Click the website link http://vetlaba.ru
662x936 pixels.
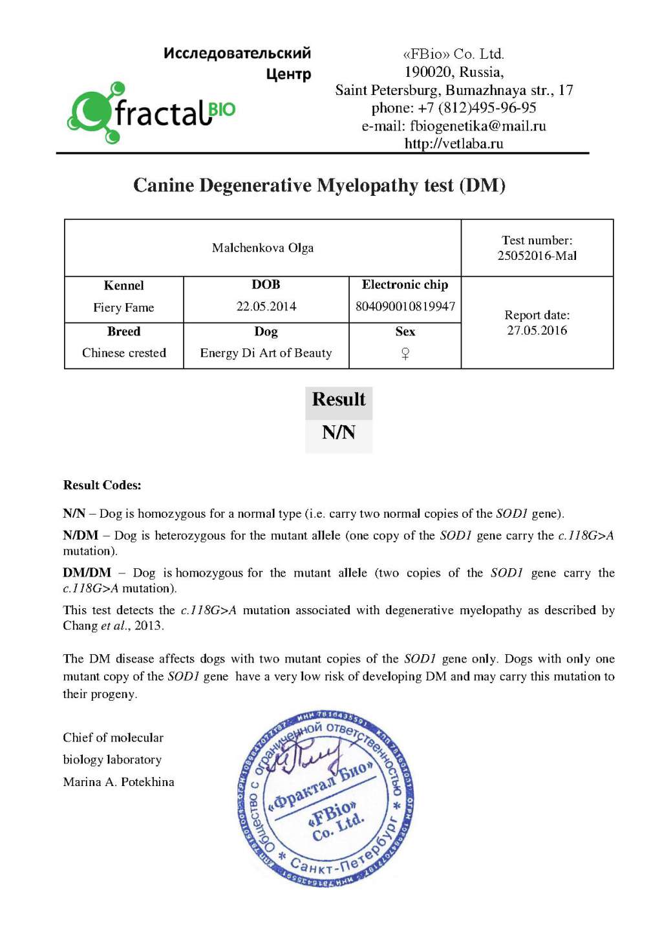(454, 144)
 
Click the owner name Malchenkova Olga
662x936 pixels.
(262, 248)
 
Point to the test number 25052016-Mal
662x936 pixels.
(537, 256)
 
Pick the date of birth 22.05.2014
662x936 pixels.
(266, 306)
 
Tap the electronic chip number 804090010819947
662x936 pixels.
(405, 306)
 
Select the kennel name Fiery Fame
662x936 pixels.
(123, 308)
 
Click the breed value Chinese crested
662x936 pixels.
(124, 353)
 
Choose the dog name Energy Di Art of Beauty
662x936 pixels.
(266, 353)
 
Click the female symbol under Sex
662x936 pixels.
(405, 354)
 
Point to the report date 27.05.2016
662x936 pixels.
(537, 330)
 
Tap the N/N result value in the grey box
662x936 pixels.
(339, 432)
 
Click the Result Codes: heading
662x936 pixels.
(102, 485)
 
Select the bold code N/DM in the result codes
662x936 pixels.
(81, 535)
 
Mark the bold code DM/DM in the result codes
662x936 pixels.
(87, 573)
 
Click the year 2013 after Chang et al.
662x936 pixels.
(149, 626)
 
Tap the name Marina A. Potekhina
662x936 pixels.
(119, 782)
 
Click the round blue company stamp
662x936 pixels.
(326, 800)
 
